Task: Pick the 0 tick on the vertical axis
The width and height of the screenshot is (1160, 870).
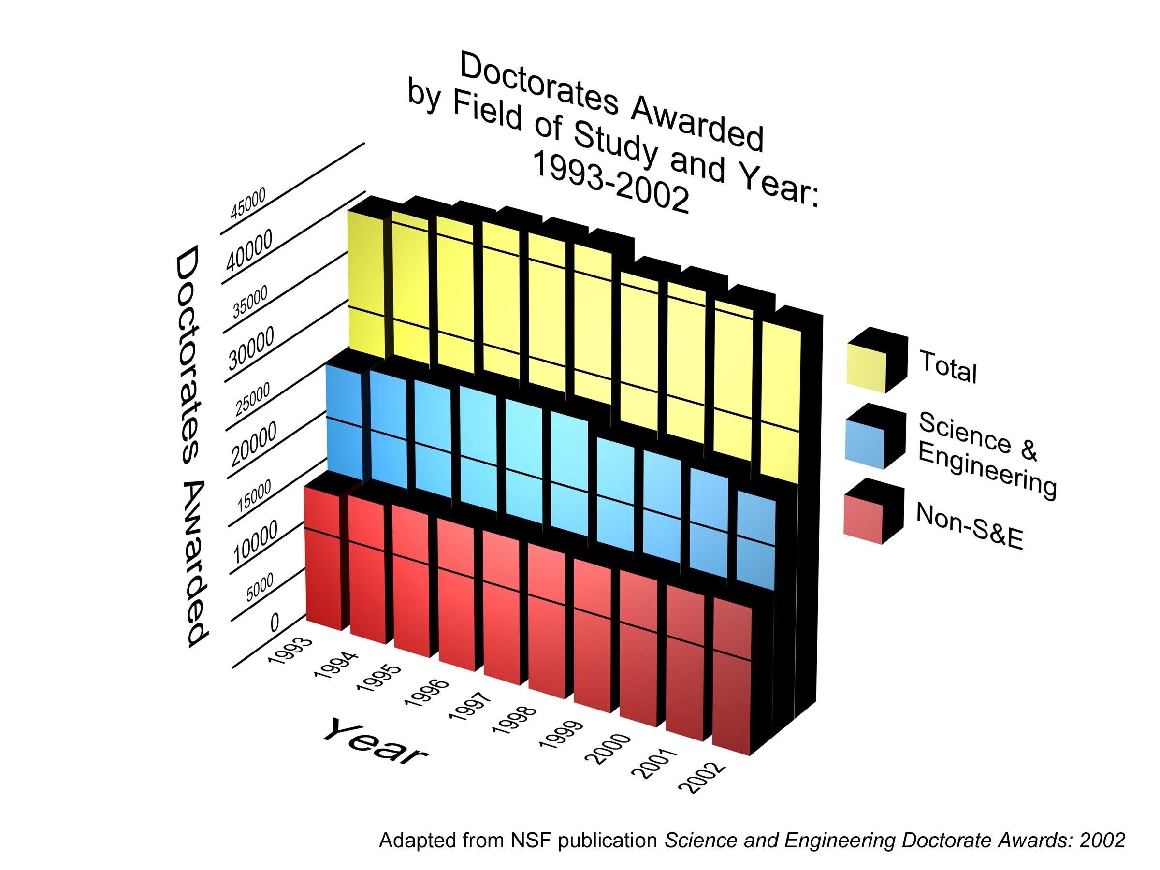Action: click(275, 623)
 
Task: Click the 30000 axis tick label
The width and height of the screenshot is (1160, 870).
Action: click(251, 349)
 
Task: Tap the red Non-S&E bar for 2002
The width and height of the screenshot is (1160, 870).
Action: click(732, 681)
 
